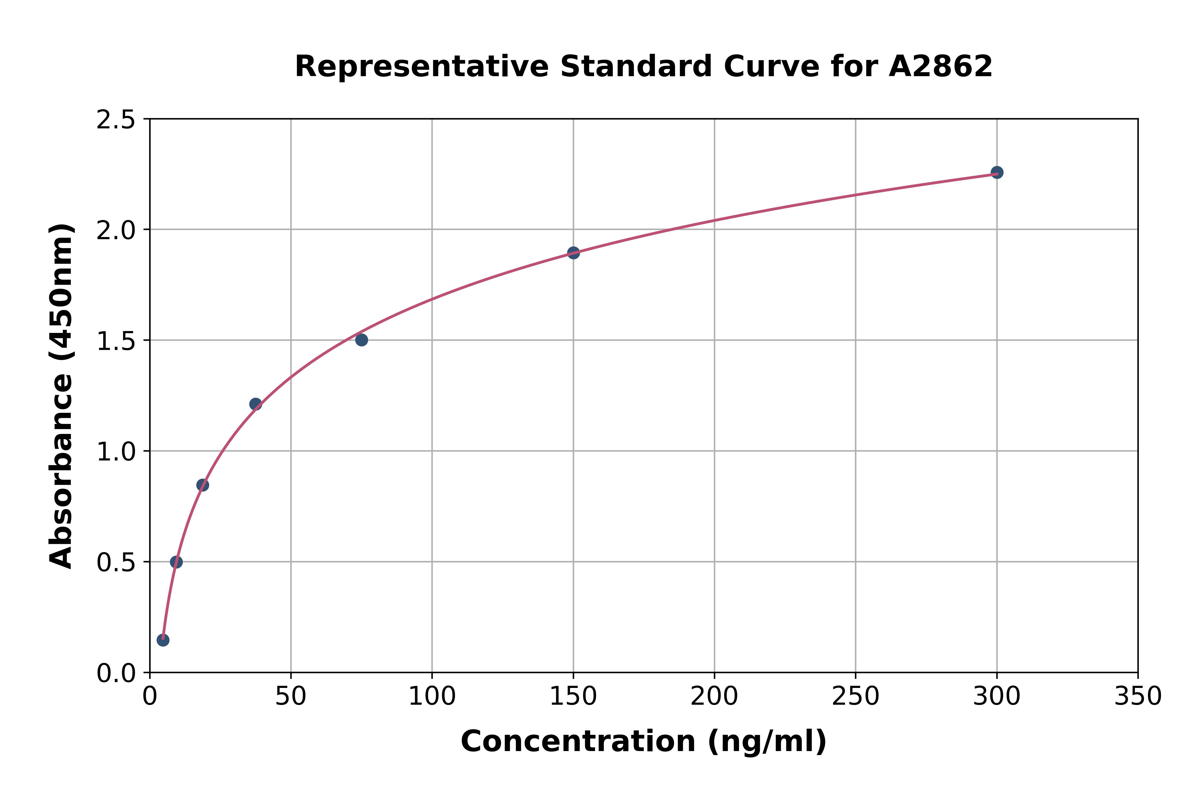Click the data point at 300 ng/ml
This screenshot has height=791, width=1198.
click(x=996, y=173)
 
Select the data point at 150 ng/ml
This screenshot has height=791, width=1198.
click(x=573, y=253)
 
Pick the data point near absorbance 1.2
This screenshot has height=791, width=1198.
click(x=256, y=404)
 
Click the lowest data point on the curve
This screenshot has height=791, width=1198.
click(x=163, y=640)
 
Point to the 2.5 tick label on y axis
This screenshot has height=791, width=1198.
click(x=116, y=120)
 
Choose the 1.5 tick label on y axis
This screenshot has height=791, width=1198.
click(x=116, y=341)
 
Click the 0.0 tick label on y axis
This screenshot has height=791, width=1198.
click(x=116, y=674)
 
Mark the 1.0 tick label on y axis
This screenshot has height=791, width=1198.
click(x=116, y=452)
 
